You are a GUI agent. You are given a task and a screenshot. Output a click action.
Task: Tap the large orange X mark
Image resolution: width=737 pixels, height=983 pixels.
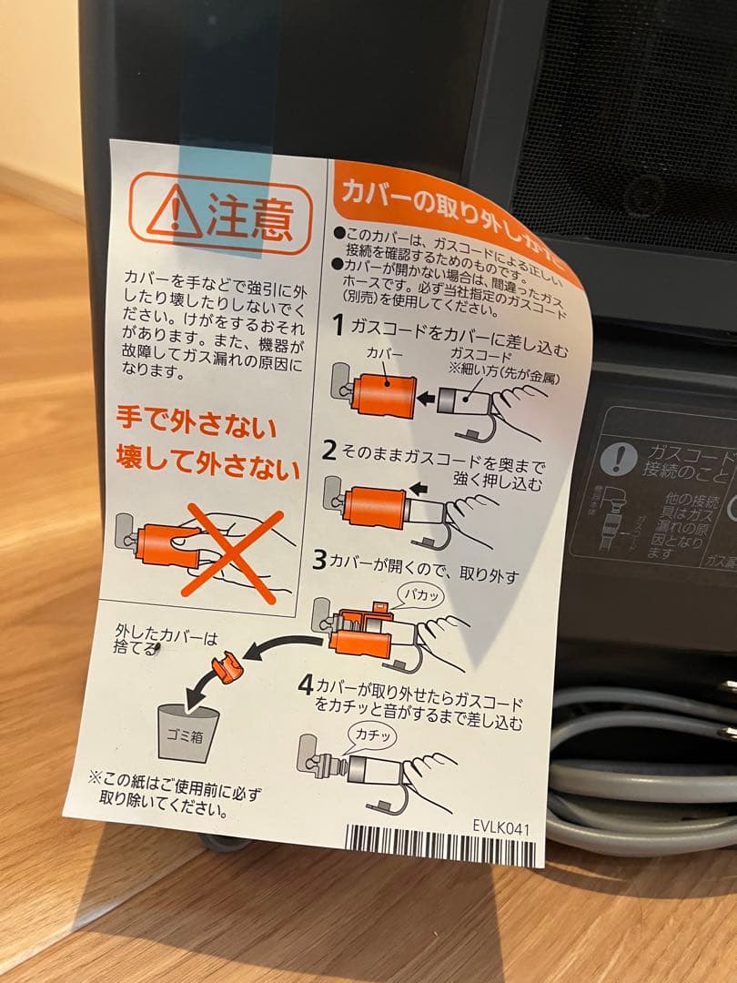231,554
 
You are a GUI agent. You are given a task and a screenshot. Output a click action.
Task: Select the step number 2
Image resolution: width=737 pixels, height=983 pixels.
329,449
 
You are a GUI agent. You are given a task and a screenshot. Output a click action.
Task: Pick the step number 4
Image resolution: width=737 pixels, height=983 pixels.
306,685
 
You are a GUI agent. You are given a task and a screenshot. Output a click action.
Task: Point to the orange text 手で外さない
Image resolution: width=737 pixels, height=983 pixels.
197,425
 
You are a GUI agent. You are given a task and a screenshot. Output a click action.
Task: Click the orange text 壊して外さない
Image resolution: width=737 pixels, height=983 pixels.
207,467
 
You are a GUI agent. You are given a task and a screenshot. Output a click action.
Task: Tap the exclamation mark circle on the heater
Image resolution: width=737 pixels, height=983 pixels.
619,458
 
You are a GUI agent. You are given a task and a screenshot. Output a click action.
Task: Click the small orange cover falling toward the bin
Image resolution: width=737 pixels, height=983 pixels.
227,671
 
